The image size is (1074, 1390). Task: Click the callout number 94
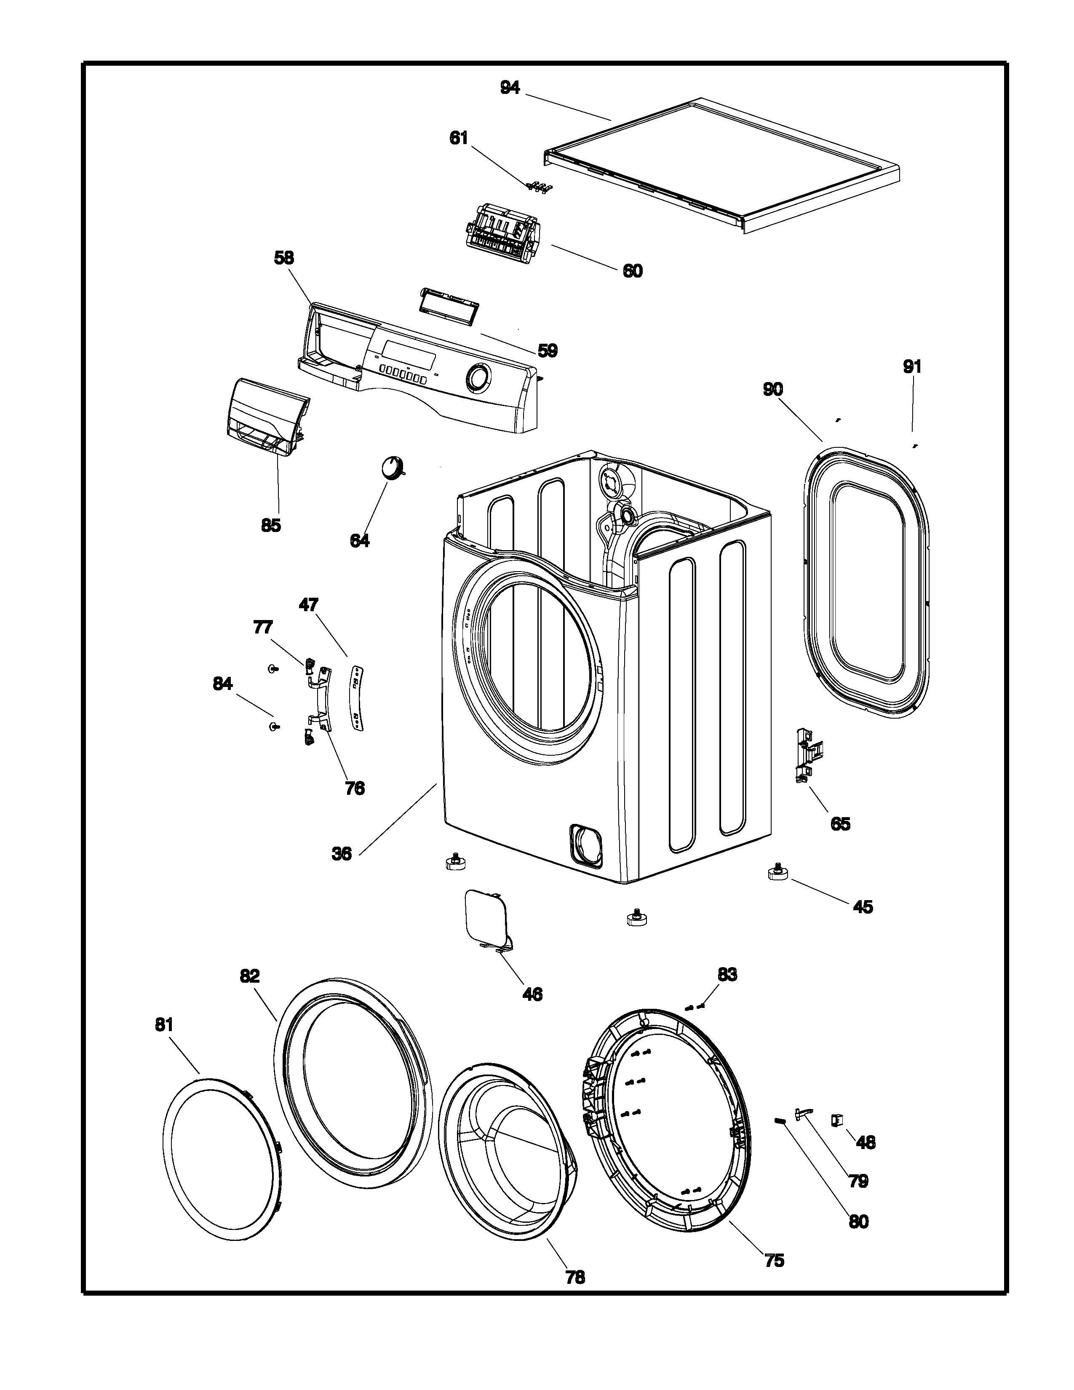pyautogui.click(x=510, y=88)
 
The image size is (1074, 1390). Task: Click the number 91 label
pyautogui.click(x=912, y=366)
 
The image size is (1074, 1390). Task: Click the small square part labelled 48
pyautogui.click(x=837, y=1120)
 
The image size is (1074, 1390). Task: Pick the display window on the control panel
pyautogui.click(x=407, y=353)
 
